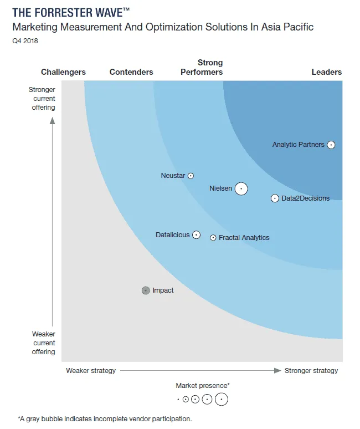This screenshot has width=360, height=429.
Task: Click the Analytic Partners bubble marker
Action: pos(331,145)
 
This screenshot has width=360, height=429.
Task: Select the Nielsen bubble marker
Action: pos(241,188)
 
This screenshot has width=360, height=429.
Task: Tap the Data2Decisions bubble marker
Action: pos(275,198)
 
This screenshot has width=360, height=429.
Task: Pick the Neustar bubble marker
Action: pos(191,176)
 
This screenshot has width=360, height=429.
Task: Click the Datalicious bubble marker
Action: pos(196,235)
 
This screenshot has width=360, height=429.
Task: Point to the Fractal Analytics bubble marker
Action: pos(213,238)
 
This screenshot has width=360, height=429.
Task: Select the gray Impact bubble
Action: pos(146,290)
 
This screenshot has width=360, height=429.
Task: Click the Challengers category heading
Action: pos(64,72)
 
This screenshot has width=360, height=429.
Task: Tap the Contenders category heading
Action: pos(131,72)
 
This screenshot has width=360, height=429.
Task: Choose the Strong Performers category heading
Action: pos(202,68)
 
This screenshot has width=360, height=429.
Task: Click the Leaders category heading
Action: pos(326,72)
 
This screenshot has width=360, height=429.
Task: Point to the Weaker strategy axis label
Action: pos(91,371)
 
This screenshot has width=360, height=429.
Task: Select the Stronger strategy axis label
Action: pos(311,371)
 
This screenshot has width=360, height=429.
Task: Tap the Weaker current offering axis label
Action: pos(43,343)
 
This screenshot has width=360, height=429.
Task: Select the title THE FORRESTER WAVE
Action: pos(70,13)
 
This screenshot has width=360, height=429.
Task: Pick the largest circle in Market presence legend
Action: pos(222,399)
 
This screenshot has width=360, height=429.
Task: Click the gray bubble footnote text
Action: pos(105,418)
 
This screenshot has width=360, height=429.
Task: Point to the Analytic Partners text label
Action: pos(298,145)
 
